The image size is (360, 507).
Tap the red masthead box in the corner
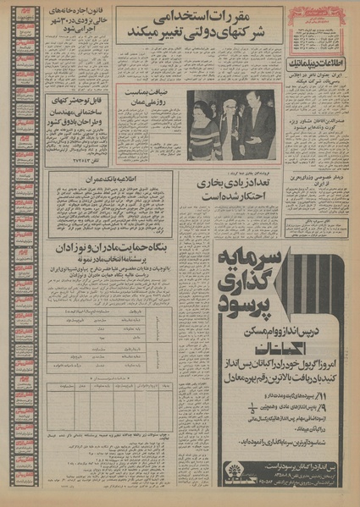click(x=311, y=19)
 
